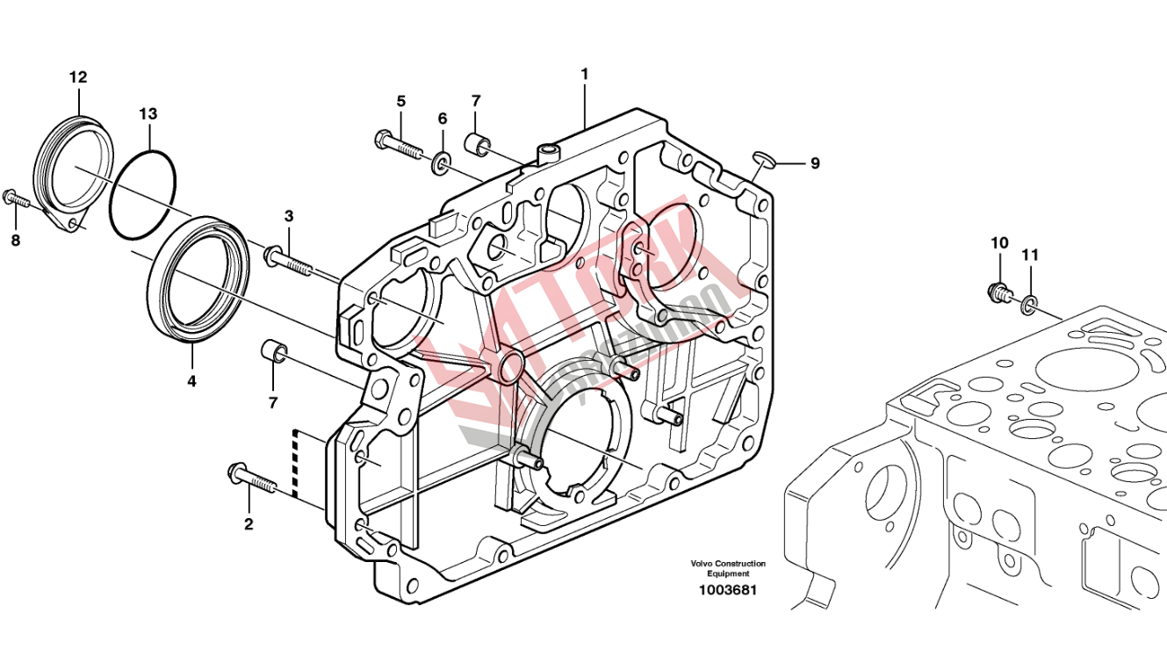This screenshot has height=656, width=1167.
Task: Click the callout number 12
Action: pyautogui.click(x=78, y=77)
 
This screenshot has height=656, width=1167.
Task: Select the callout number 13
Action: pyautogui.click(x=148, y=114)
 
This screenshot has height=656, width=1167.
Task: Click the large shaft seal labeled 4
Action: pyautogui.click(x=155, y=290)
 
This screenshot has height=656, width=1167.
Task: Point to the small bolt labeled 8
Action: pyautogui.click(x=15, y=198)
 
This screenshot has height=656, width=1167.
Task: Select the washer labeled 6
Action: pyautogui.click(x=442, y=161)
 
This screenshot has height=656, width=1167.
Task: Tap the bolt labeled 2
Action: pyautogui.click(x=251, y=479)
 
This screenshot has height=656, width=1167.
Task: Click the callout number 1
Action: pyautogui.click(x=584, y=75)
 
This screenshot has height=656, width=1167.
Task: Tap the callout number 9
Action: pyautogui.click(x=815, y=163)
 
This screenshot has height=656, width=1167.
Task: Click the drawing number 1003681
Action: pyautogui.click(x=727, y=590)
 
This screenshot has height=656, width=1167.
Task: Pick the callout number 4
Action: pyautogui.click(x=191, y=381)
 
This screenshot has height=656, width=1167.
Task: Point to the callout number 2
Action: pyautogui.click(x=249, y=524)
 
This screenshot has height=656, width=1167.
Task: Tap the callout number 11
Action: pyautogui.click(x=1030, y=255)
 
